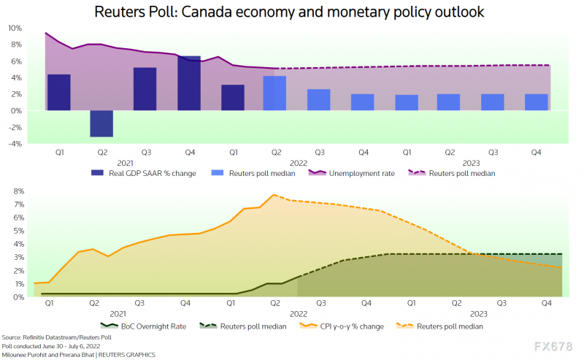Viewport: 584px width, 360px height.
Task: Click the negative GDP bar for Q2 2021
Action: click(101, 123)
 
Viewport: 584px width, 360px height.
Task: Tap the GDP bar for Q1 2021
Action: click(58, 92)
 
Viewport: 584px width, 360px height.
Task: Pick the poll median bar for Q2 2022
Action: click(274, 93)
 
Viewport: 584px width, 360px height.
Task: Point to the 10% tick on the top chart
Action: click(15, 28)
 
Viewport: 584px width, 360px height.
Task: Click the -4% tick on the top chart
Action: click(15, 144)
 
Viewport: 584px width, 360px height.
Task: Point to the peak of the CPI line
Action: click(273, 195)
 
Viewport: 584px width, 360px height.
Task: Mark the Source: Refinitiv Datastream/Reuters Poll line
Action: click(58, 338)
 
